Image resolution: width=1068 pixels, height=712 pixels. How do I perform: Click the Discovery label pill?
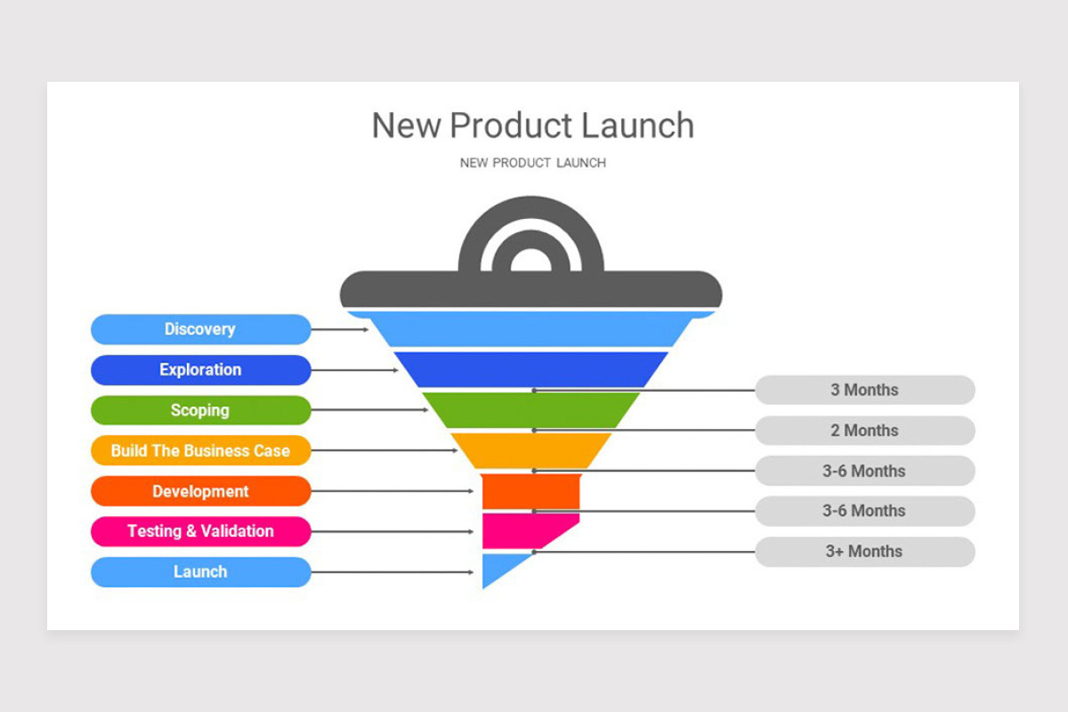coord(200,329)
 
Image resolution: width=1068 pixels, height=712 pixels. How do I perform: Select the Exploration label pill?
coord(200,370)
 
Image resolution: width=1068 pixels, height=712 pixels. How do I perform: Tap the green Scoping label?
coord(200,410)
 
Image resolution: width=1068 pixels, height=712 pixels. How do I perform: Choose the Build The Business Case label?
coord(200,451)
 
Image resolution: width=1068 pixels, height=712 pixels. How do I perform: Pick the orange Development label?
coord(200,491)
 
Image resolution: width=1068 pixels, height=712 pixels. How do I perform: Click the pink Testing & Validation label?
coord(200,531)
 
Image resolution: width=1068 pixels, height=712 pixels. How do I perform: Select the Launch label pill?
coord(200,572)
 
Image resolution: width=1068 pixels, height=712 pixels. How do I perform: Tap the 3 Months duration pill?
coord(864,390)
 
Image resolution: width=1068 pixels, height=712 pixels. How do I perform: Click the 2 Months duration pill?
coord(864,431)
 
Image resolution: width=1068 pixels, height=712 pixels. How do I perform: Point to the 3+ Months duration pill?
coord(864,552)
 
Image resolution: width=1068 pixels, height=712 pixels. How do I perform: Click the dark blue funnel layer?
coord(531,369)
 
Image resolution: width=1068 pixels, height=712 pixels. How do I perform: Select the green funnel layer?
coord(531,410)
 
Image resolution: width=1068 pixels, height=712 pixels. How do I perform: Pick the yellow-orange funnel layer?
coord(531,450)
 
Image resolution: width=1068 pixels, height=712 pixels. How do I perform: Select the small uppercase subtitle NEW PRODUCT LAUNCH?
coord(532,163)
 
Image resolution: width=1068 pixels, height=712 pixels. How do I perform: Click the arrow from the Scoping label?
coord(369,410)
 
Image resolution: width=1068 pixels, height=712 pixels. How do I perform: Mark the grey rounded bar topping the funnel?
coord(531,289)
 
